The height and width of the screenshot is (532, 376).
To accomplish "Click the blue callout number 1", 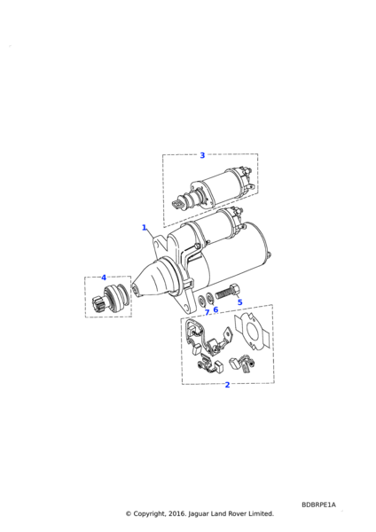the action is click(x=145, y=227).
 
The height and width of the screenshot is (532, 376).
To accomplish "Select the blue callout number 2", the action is click(x=227, y=385).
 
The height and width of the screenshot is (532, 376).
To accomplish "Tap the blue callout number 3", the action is click(x=202, y=155).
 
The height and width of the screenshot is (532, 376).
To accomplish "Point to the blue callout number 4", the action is click(x=104, y=278).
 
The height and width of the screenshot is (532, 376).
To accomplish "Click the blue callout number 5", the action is click(x=240, y=302).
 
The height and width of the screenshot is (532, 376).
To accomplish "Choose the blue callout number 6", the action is click(x=215, y=309).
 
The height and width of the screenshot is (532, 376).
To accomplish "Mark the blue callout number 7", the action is click(x=207, y=312).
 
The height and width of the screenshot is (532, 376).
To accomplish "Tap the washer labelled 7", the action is click(x=202, y=301).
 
